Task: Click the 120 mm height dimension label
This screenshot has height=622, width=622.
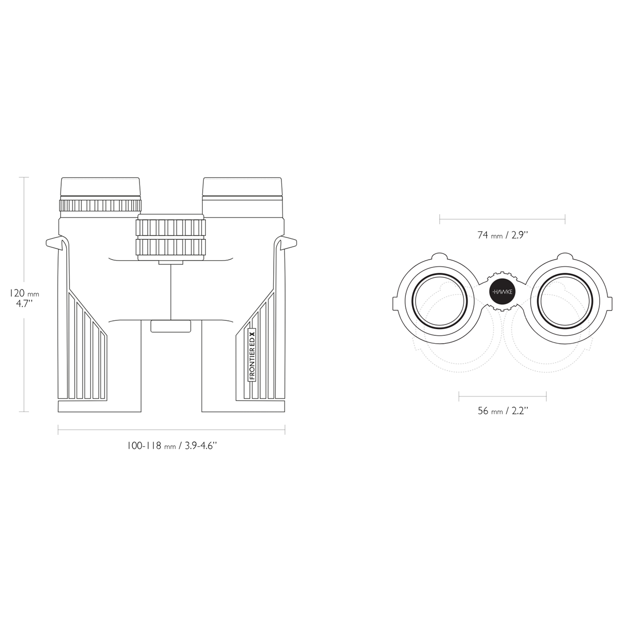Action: [24, 298]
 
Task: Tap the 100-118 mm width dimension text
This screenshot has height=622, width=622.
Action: [172, 446]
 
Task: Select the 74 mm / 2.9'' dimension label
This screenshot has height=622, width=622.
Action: [503, 235]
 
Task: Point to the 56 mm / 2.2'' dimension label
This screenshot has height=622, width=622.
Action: [503, 411]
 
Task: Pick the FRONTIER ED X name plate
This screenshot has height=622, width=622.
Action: [252, 355]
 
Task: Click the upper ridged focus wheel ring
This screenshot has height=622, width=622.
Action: [171, 227]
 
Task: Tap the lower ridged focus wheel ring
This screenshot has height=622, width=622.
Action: [171, 247]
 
